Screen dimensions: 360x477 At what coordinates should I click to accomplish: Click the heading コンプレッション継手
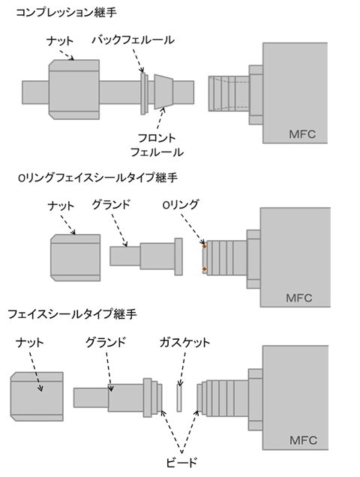pos(66,12)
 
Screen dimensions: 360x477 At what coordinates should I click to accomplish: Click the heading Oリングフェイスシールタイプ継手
pos(97,178)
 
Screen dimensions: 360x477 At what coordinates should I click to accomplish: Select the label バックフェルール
pos(133,40)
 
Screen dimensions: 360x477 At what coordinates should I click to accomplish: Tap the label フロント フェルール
pos(157,145)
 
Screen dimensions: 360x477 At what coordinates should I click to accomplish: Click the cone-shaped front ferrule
pos(163,91)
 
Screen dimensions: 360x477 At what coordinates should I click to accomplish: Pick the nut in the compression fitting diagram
pos(74,89)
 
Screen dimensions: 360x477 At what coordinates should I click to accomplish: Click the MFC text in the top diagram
pos(302,134)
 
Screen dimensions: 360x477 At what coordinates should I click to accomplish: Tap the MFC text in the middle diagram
pos(299,298)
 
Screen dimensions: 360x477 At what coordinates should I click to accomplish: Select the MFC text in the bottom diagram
pos(304,440)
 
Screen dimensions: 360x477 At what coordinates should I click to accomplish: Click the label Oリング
pos(180,205)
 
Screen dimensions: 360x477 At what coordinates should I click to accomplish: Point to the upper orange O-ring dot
pos(205,245)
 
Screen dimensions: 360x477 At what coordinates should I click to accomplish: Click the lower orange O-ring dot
pos(205,269)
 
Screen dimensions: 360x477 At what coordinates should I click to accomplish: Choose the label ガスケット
pos(184,343)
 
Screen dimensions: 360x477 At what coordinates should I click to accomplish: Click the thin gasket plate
pos(179,398)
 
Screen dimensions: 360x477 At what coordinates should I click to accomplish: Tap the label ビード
pos(181,463)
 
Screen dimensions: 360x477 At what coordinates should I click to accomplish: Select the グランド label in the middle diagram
pos(111,205)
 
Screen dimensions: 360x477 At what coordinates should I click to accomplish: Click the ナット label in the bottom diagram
pos(30,343)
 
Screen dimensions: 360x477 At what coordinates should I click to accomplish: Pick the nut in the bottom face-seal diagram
pos(37,397)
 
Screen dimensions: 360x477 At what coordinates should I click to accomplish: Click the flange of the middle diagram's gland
pos(178,256)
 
